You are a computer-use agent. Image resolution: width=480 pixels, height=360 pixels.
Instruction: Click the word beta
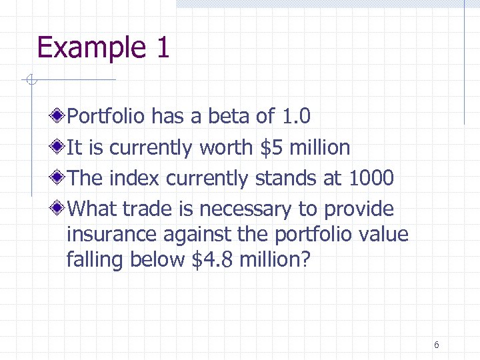click(229, 117)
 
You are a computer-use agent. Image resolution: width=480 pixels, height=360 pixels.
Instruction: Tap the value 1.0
click(295, 117)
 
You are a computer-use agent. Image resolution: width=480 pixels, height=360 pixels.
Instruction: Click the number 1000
click(371, 179)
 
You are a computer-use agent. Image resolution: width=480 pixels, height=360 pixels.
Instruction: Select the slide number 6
click(436, 345)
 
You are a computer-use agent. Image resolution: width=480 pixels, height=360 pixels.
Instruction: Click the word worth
click(226, 147)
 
